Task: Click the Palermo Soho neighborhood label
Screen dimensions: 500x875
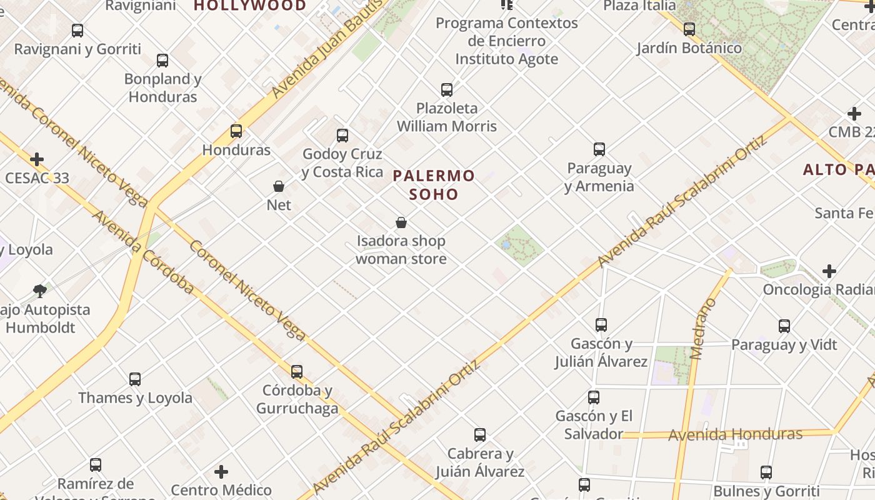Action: (434, 185)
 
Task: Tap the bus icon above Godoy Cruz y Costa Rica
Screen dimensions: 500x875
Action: (342, 135)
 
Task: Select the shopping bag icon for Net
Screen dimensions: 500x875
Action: (279, 186)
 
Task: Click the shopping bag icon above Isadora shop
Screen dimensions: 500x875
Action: (401, 222)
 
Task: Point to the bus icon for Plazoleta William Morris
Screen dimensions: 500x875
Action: (447, 90)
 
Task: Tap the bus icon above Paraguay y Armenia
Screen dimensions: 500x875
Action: (599, 149)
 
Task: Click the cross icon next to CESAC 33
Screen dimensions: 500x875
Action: (37, 159)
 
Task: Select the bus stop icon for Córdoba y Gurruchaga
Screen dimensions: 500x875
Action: (297, 372)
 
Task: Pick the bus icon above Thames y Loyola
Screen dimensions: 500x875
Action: (135, 379)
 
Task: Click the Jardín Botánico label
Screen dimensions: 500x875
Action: (689, 48)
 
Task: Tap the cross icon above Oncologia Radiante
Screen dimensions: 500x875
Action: (829, 271)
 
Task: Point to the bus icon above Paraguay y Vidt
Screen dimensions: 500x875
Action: (784, 326)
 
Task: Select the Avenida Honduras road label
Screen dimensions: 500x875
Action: (735, 434)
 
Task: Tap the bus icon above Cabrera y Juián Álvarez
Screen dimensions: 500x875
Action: (480, 435)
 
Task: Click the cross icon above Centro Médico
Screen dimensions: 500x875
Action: (221, 472)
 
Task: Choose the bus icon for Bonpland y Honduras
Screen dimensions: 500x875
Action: (162, 61)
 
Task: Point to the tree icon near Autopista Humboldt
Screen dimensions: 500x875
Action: (40, 291)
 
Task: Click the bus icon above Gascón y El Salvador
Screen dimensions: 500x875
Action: (594, 397)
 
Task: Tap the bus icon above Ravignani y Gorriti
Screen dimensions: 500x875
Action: (77, 31)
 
